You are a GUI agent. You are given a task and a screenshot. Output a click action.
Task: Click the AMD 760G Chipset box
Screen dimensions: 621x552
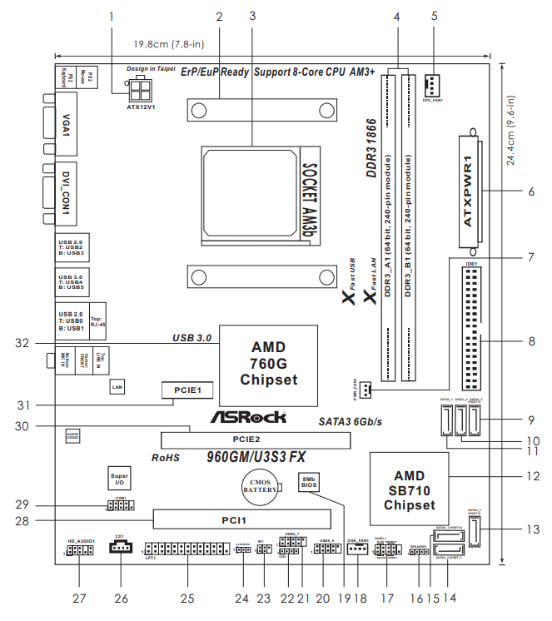(268, 363)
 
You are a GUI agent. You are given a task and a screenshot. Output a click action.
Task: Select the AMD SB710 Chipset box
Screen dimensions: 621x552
(409, 489)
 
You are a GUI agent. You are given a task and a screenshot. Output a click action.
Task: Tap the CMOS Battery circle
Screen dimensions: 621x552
(263, 489)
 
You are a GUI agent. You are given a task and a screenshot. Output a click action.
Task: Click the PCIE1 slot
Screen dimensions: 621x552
(183, 389)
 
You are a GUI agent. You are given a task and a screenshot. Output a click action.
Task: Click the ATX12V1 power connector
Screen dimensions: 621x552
(140, 89)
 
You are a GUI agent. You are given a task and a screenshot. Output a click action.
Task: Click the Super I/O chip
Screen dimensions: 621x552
(119, 478)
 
